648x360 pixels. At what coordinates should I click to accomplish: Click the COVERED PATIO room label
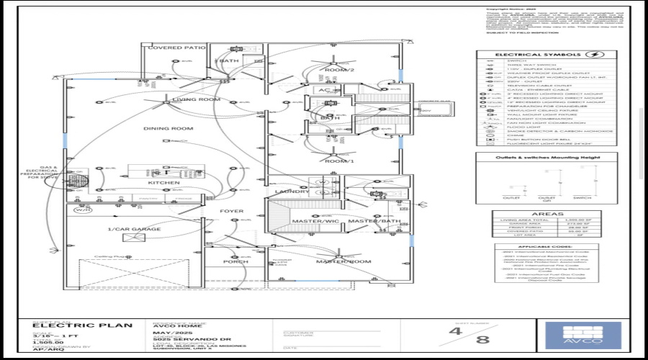coord(177,48)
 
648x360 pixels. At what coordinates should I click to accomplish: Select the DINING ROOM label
coord(168,129)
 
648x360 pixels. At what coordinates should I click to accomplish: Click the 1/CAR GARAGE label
coord(134,230)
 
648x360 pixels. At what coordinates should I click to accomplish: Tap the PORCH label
coord(235,261)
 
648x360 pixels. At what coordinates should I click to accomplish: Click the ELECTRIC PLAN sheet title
coord(83,325)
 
